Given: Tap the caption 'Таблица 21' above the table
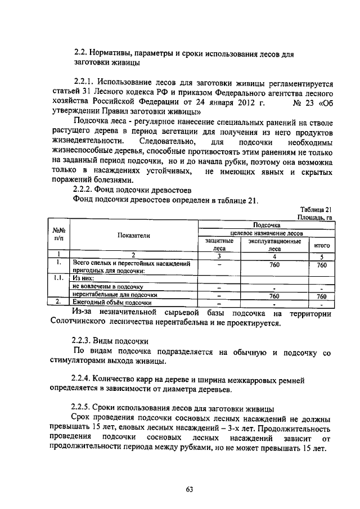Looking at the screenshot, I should click(317, 209).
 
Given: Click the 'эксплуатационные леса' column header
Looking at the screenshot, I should click(274, 243).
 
